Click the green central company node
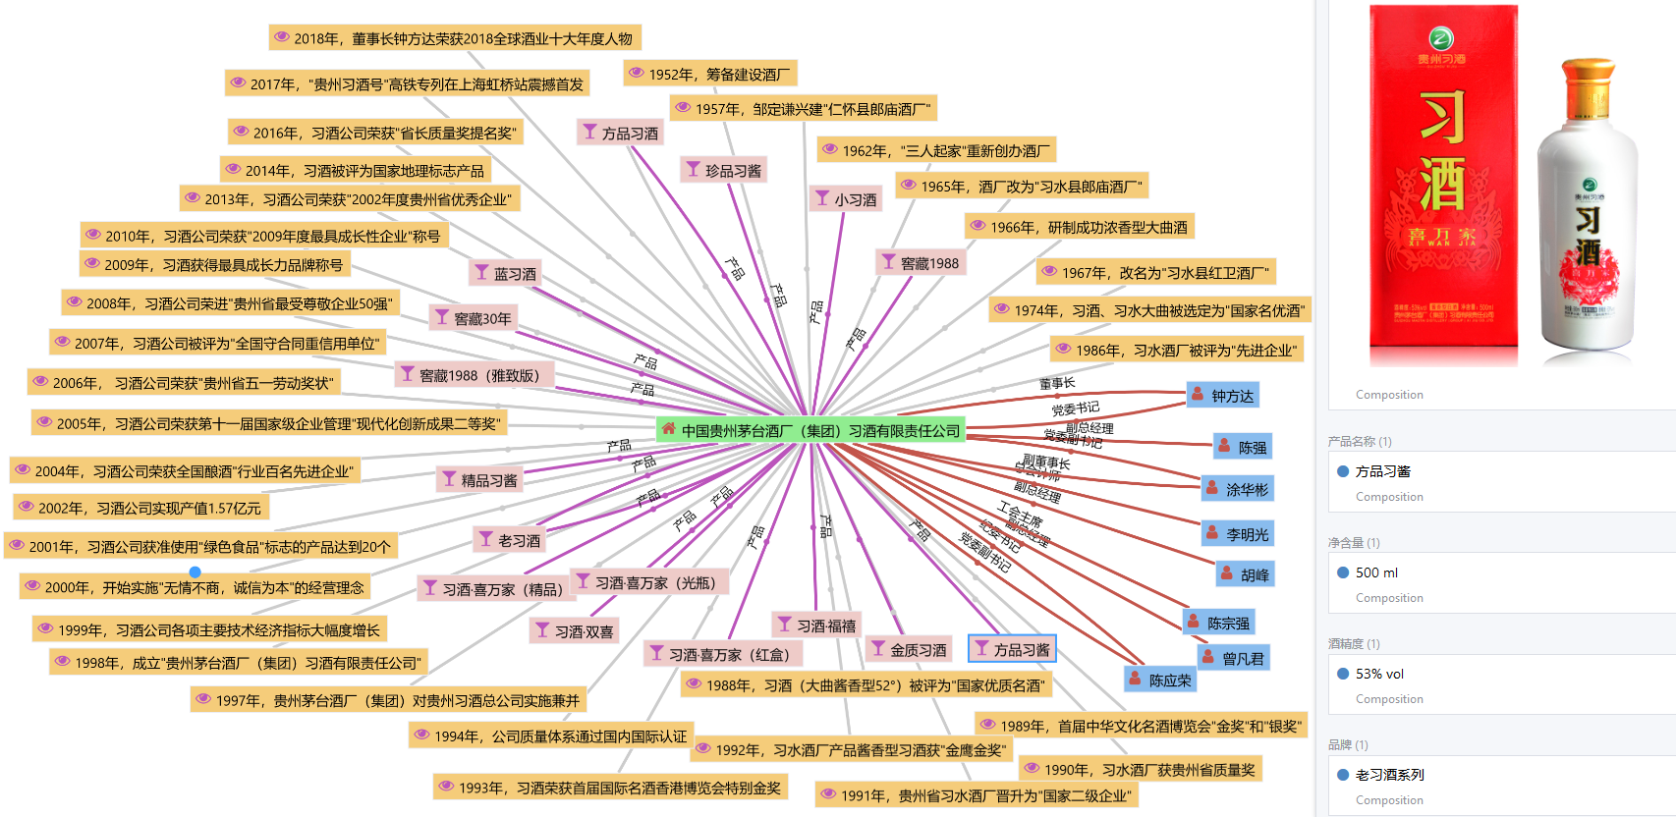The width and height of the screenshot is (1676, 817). (x=810, y=430)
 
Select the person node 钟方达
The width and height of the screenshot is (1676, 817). (x=1222, y=396)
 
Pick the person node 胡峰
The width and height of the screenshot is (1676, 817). (x=1245, y=574)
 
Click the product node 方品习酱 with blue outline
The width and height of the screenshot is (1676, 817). (x=1011, y=649)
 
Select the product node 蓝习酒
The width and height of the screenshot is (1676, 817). (x=505, y=273)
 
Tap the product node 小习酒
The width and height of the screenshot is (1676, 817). (x=845, y=199)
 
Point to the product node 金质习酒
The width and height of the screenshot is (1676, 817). (x=909, y=649)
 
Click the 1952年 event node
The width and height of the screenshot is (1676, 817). (x=709, y=74)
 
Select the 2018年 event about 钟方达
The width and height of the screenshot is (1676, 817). (x=455, y=38)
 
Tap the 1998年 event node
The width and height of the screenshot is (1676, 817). (x=239, y=663)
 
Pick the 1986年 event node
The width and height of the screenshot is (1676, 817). (x=1176, y=350)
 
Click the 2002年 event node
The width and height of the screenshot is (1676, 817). (x=140, y=508)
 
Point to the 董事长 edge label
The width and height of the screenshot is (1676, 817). (x=1057, y=383)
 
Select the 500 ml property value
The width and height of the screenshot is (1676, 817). (x=1376, y=572)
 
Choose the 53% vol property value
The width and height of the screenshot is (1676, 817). (x=1379, y=674)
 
